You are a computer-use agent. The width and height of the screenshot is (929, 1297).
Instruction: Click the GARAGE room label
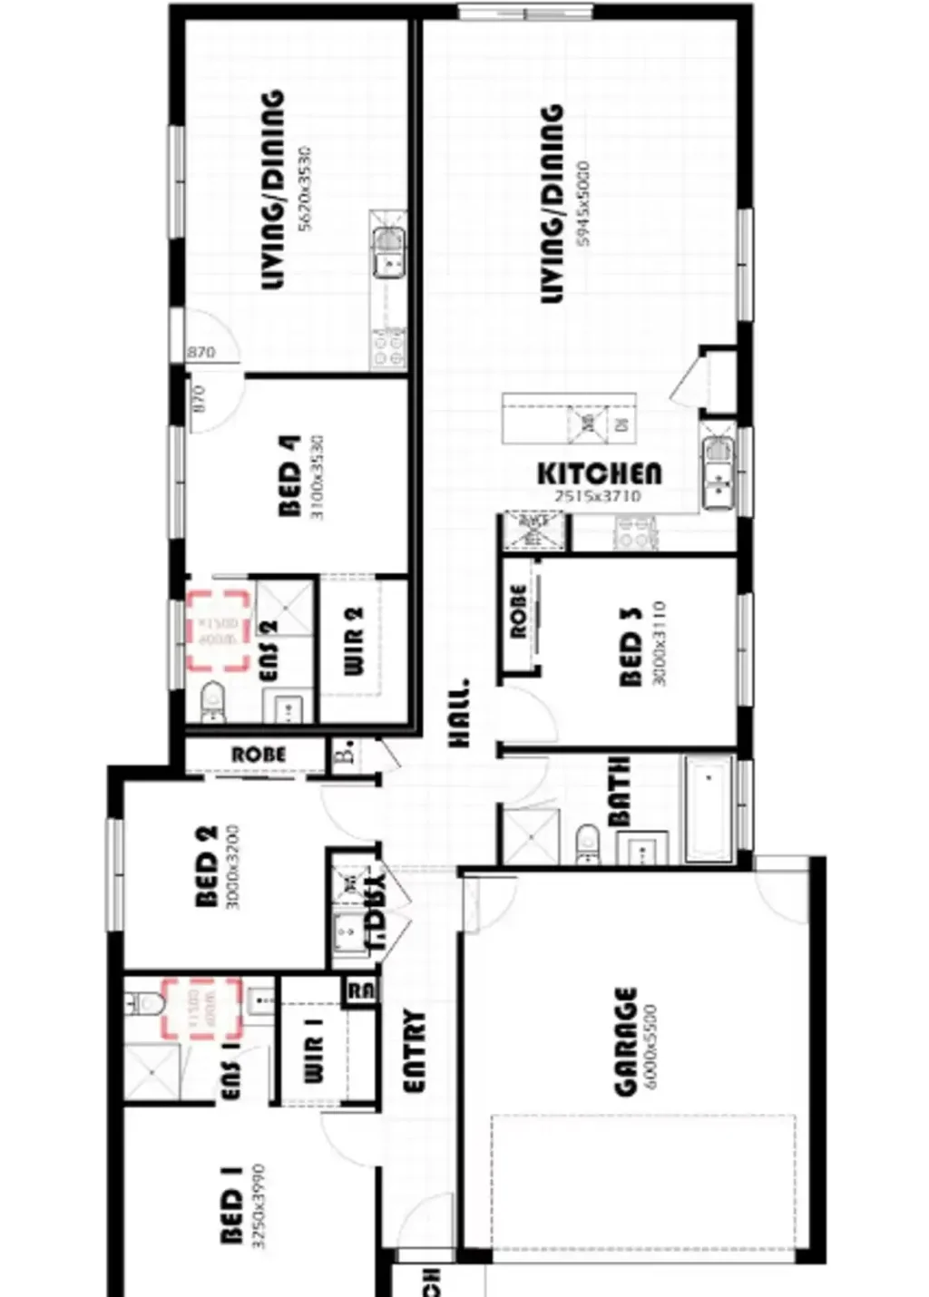pos(626,1042)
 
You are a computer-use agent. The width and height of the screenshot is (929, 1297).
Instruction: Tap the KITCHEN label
pos(600,473)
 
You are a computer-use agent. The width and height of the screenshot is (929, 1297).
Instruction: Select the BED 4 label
pos(290,477)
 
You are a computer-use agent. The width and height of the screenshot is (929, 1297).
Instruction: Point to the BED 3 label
pos(631,646)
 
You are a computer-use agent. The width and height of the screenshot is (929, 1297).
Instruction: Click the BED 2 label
pos(206,865)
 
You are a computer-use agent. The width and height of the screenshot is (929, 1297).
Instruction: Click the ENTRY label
pos(414,1051)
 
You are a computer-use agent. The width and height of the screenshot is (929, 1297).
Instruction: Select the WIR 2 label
pos(354,640)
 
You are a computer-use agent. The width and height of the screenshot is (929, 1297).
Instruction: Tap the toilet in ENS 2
pos(213,699)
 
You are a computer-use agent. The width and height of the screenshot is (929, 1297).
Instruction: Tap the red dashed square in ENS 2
pos(219,631)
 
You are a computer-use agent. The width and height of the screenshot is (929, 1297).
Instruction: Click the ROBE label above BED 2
pos(259,755)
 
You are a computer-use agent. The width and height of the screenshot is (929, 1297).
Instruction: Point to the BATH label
pos(619,792)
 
